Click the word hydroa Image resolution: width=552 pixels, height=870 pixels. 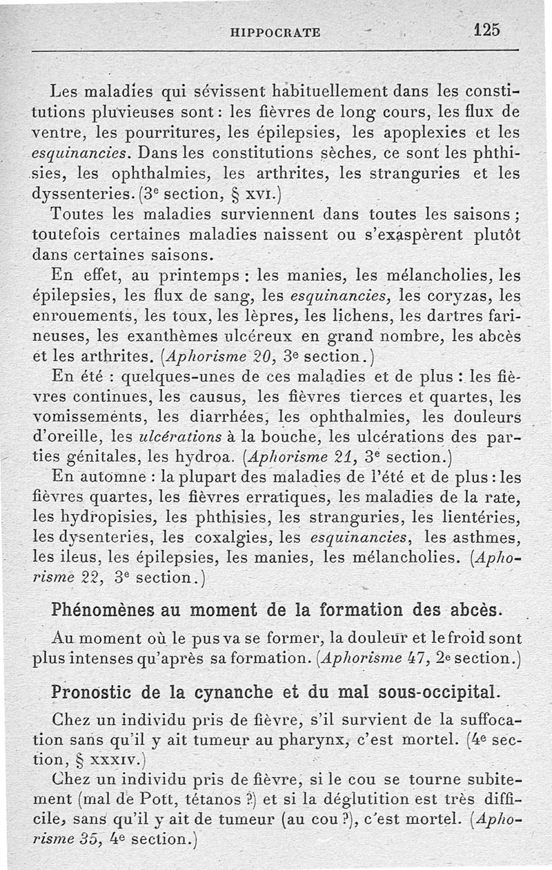click(x=208, y=457)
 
